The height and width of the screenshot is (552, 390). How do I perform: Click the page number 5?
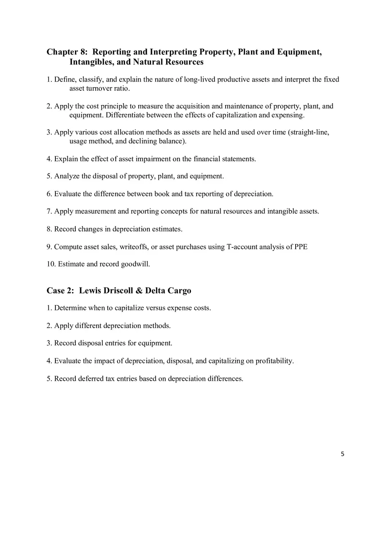click(x=343, y=454)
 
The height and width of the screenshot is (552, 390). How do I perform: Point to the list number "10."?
click(x=51, y=264)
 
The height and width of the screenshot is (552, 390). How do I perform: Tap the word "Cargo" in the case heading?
click(x=179, y=291)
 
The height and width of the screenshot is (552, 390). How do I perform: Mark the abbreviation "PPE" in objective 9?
click(x=300, y=247)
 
